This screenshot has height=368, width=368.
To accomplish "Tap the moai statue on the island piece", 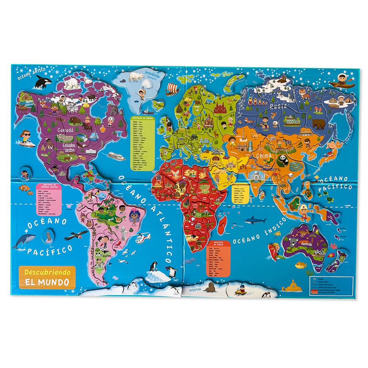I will click(47, 236).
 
